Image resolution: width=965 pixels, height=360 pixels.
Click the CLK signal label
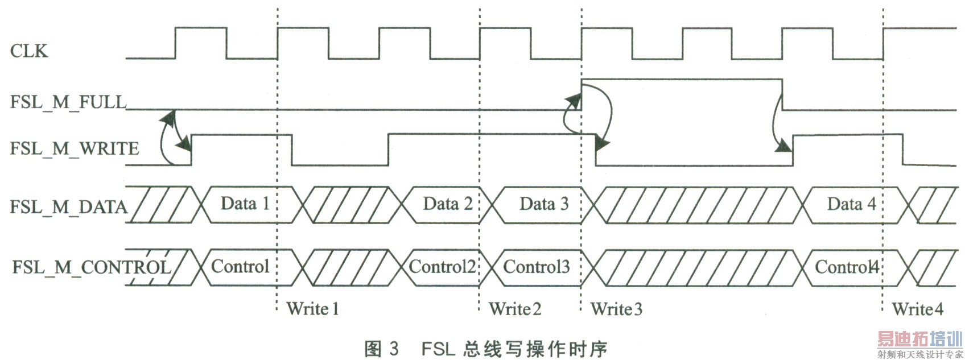[29, 51]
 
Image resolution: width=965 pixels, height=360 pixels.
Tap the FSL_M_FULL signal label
[68, 102]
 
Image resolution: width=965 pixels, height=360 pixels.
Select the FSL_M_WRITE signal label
[75, 148]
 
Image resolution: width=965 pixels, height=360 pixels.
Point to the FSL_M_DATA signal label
[68, 206]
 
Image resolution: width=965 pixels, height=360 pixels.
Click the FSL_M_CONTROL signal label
[92, 267]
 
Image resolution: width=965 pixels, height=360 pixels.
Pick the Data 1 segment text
[245, 204]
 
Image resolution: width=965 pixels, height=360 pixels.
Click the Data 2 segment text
[448, 204]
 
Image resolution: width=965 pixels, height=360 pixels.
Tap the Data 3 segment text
[544, 204]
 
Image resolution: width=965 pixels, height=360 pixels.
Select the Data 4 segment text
[851, 204]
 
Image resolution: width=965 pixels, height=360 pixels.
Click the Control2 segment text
[442, 266]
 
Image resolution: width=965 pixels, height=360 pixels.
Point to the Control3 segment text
[536, 266]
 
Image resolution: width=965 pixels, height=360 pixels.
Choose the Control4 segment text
[847, 266]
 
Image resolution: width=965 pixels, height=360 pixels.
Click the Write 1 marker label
[312, 309]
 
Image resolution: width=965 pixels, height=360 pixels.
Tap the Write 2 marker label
[515, 309]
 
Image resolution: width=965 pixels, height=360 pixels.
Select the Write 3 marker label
[616, 309]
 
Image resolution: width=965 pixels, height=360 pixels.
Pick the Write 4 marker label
[917, 309]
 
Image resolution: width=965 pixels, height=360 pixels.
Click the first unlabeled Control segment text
[240, 266]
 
